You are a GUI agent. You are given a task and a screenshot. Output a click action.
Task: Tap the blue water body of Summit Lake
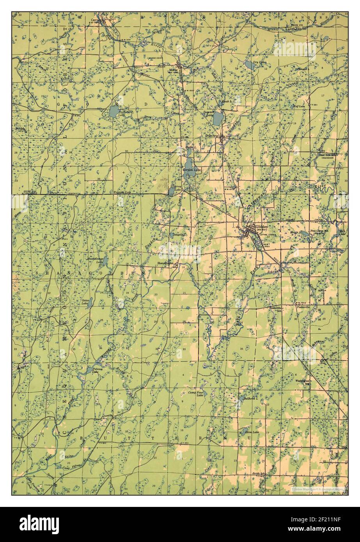click(218, 118)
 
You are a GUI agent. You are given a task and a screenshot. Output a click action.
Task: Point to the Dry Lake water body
click(250, 65)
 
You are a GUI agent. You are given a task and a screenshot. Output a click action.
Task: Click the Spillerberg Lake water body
click(113, 112)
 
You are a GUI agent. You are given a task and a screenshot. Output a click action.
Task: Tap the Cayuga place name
click(96, 18)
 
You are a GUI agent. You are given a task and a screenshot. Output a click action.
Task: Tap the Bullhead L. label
click(249, 399)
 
